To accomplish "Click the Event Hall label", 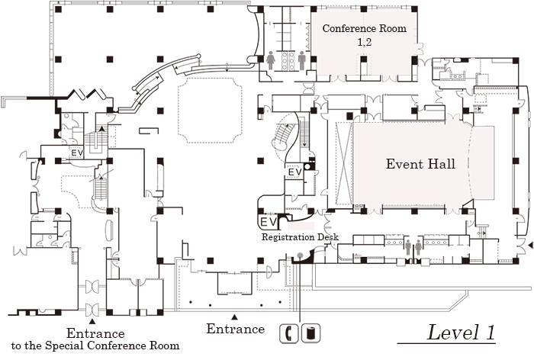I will point(420,164).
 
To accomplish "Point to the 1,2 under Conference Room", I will point(364,43).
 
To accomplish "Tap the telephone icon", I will point(290,332).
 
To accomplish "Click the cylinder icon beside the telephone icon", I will point(313,332).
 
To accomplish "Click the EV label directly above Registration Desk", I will point(268,221).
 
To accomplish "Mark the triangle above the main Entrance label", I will point(235,317).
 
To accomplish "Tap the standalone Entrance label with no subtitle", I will point(235,329).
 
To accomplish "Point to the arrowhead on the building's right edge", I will point(530,245).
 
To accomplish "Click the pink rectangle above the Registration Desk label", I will point(300,228).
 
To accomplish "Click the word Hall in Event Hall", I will point(442,164).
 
